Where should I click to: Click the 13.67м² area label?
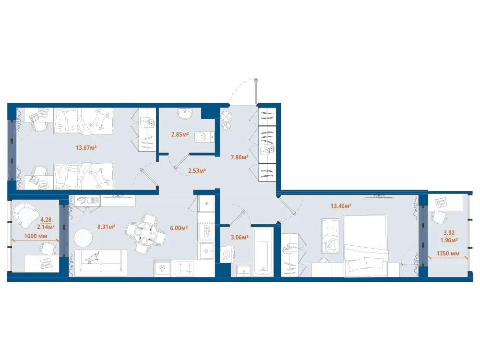pyautogui.click(x=86, y=148)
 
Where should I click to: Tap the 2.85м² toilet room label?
pyautogui.click(x=180, y=134)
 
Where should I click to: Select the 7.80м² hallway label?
pyautogui.click(x=240, y=157)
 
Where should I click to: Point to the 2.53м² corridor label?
pyautogui.click(x=197, y=170)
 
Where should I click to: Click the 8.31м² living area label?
pyautogui.click(x=106, y=227)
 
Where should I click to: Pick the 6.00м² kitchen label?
pyautogui.click(x=179, y=228)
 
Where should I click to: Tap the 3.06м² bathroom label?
pyautogui.click(x=240, y=237)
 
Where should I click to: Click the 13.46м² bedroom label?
pyautogui.click(x=341, y=206)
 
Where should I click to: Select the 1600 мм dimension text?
pyautogui.click(x=36, y=236)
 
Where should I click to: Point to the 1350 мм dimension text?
pyautogui.click(x=448, y=253)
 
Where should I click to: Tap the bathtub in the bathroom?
pyautogui.click(x=263, y=252)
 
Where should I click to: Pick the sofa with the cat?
pyautogui.click(x=101, y=263)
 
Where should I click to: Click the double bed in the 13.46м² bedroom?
pyautogui.click(x=366, y=246)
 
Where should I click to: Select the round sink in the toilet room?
pyautogui.click(x=185, y=114)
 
